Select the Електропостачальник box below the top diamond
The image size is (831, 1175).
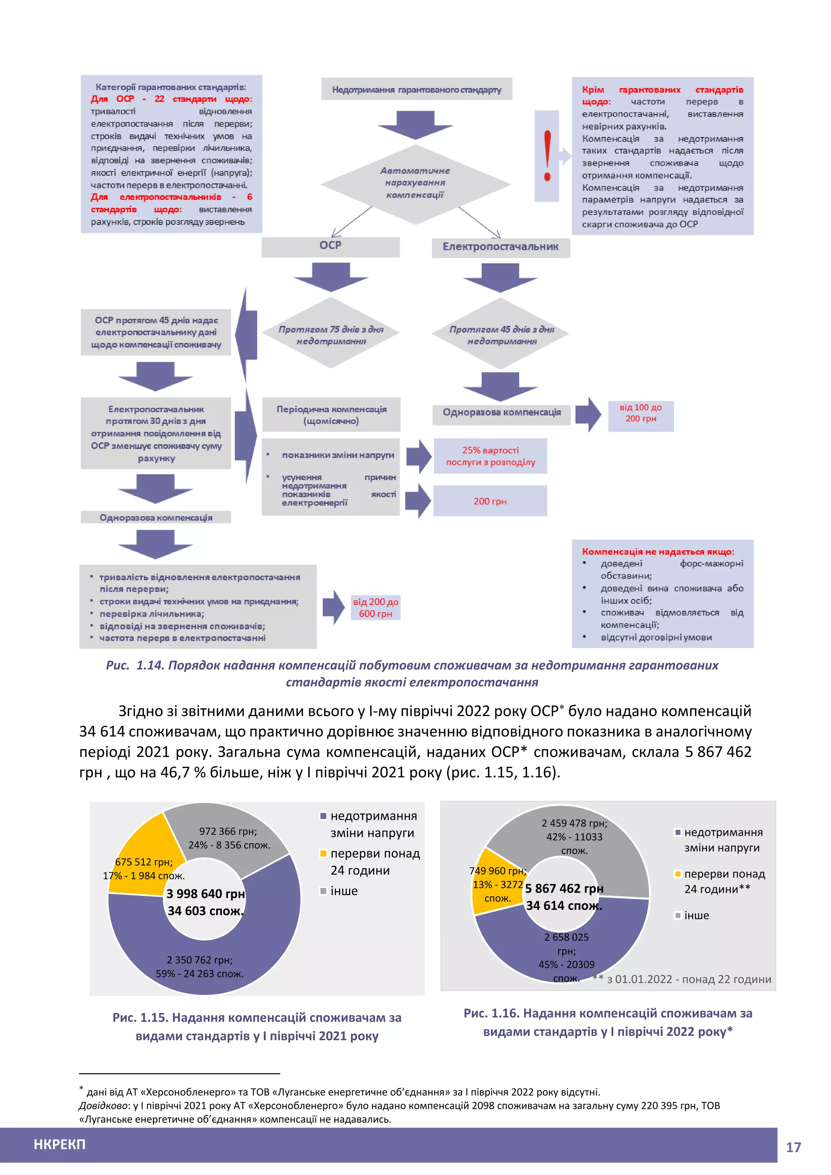[x=500, y=247]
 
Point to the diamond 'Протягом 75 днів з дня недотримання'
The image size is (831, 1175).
[x=331, y=335]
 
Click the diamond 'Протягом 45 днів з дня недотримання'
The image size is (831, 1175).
[x=502, y=335]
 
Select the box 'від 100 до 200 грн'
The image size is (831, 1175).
[x=640, y=413]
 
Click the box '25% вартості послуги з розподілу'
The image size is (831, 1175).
[x=490, y=456]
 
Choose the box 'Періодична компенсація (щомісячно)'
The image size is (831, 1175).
[x=331, y=415]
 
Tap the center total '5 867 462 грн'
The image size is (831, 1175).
[x=564, y=889]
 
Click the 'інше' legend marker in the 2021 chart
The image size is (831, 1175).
[x=323, y=891]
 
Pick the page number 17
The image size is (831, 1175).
[x=793, y=1147]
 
